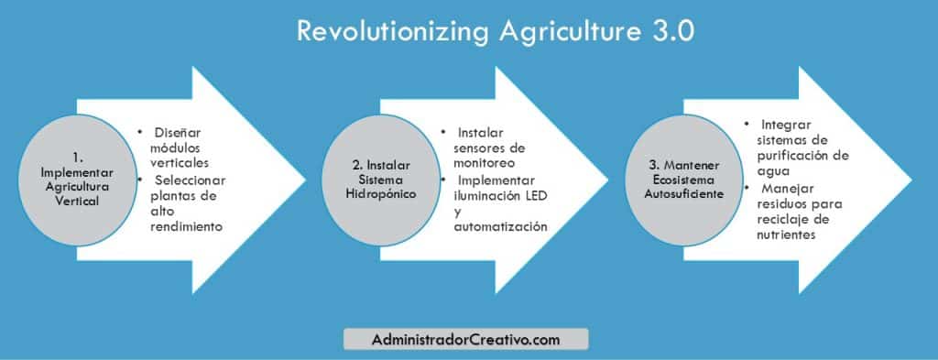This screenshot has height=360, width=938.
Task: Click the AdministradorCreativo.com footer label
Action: coord(466,340)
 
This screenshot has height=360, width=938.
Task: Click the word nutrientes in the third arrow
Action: coord(780,235)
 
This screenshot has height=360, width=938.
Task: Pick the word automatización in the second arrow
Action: coord(500,226)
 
